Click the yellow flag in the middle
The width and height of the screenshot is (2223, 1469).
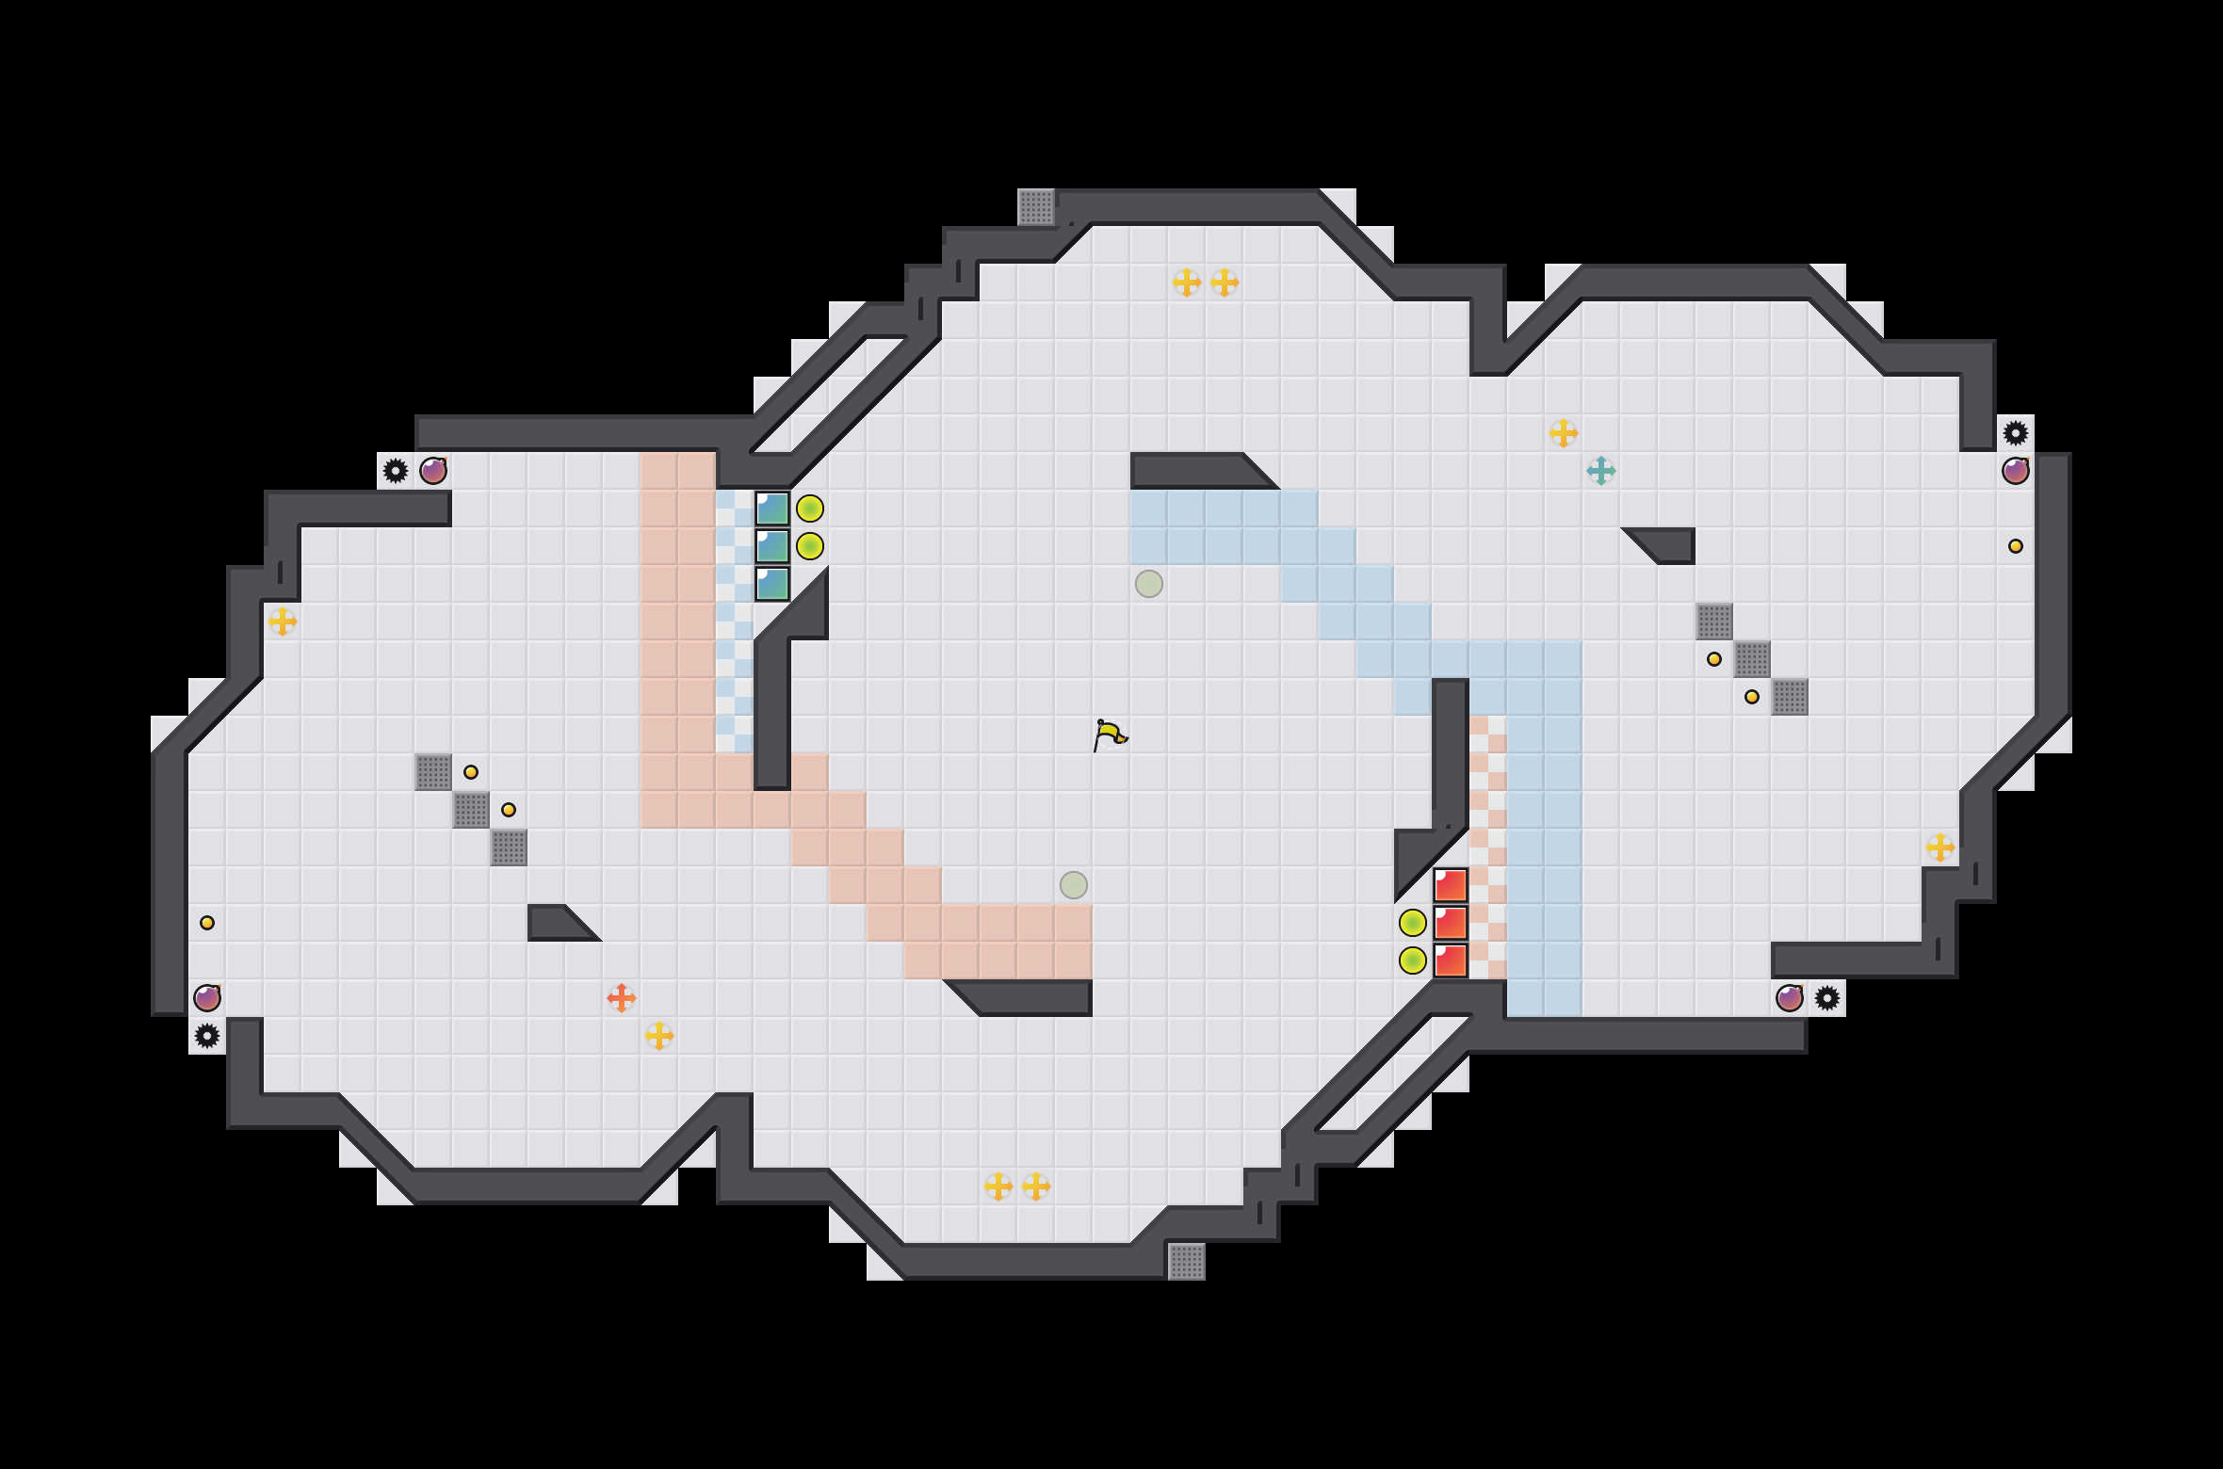click(1110, 734)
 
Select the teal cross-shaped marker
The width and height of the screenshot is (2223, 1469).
click(1600, 470)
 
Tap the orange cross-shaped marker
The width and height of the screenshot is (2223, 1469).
click(621, 997)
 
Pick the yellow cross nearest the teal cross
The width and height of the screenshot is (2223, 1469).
click(1563, 433)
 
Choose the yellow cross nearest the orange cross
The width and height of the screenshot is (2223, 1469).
click(659, 1036)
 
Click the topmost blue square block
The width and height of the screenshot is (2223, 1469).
click(772, 508)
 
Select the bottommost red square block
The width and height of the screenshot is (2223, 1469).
click(1451, 960)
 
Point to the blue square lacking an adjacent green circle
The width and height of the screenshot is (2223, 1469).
click(772, 584)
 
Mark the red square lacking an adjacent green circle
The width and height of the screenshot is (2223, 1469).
click(1451, 885)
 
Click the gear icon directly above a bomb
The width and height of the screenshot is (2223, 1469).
click(2015, 433)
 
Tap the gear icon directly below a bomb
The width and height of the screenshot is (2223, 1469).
click(207, 1036)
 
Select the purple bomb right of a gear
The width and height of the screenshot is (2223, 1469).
click(433, 471)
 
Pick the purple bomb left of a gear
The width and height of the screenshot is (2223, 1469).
click(1789, 998)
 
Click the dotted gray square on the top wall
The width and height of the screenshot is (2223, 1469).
click(1036, 207)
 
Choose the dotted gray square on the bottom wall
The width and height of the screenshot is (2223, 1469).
click(1187, 1262)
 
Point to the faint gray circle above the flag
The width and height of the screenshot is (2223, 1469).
click(1149, 584)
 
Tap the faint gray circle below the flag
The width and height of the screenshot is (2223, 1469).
click(1074, 885)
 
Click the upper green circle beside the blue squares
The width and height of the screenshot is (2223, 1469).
click(810, 508)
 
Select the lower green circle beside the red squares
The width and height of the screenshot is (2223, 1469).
click(1412, 960)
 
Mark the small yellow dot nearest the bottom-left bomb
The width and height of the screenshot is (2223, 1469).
click(207, 923)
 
